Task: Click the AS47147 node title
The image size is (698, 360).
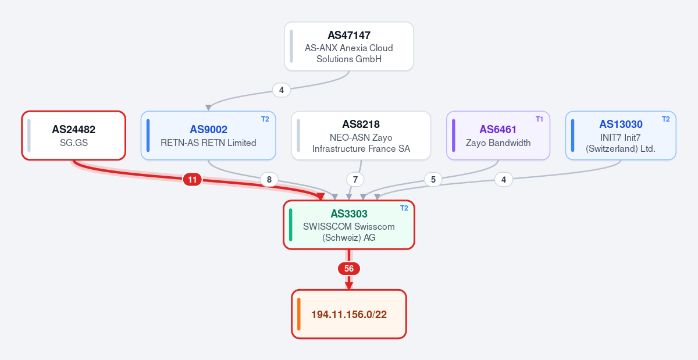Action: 349,35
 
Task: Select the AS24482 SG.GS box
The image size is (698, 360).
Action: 73,136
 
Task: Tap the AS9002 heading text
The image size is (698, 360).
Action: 208,129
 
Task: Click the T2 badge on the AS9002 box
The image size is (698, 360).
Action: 265,119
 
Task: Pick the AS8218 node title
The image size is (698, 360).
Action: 361,124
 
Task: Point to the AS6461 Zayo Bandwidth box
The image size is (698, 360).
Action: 498,136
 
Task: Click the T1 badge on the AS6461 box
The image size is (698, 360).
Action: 539,119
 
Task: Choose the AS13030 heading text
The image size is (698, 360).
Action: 621,124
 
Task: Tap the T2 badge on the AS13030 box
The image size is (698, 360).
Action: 665,119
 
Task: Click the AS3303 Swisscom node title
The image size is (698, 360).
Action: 349,213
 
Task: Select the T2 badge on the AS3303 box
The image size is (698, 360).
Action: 404,208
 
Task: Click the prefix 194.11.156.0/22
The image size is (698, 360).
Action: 349,315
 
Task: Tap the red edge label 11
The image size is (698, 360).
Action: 193,180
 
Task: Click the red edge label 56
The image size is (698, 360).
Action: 349,269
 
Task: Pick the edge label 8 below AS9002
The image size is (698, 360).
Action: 269,180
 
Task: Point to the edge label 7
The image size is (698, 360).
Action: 355,180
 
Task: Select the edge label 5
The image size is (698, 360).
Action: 433,180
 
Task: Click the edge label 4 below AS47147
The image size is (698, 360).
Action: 282,90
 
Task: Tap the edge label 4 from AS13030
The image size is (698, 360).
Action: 504,180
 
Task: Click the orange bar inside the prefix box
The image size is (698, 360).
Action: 299,314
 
